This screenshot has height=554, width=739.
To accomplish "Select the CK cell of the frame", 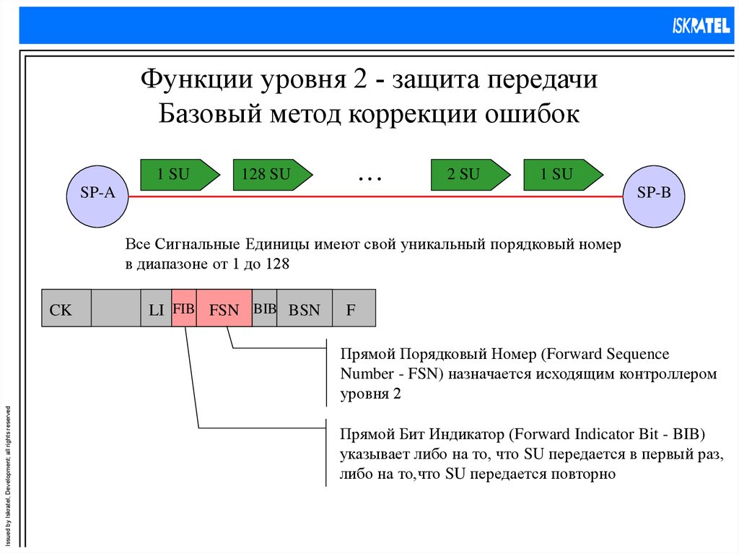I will click(61, 310).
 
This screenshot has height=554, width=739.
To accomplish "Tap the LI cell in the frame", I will click(156, 310).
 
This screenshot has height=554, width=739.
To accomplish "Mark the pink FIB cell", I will click(184, 309).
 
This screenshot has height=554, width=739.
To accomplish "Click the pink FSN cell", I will click(224, 310).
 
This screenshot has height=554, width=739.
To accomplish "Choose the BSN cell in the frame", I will click(304, 310).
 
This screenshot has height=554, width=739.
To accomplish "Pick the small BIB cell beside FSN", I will click(264, 308).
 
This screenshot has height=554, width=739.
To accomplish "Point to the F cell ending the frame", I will click(351, 310).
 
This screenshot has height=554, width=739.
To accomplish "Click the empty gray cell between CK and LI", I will click(116, 308).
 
